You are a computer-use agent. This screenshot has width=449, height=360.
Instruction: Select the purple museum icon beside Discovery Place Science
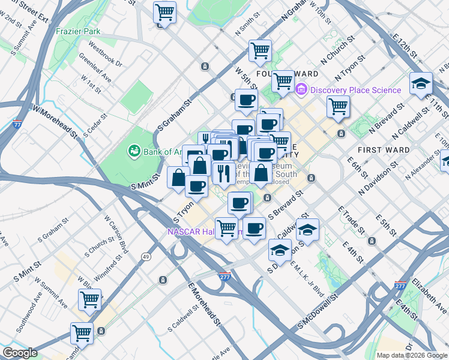[x=301, y=90]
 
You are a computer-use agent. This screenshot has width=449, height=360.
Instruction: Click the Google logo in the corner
[x=20, y=353]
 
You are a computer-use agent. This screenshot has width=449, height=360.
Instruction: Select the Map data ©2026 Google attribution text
[x=412, y=355]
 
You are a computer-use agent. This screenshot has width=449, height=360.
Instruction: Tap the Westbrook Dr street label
[x=105, y=53]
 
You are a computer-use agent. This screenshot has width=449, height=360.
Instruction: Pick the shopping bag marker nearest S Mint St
[x=179, y=178]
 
